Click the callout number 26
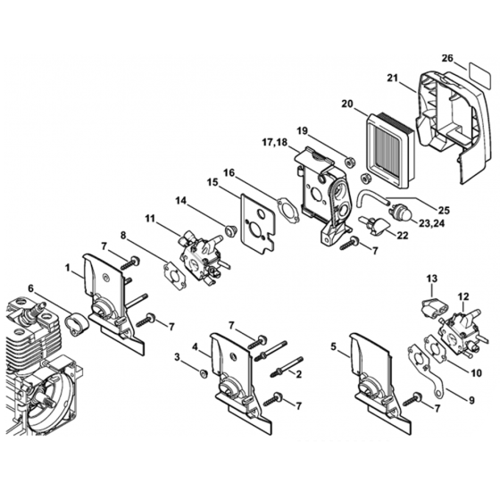[447, 58]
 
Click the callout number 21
[393, 78]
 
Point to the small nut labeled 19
[349, 162]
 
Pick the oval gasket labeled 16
[287, 209]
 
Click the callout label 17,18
[275, 142]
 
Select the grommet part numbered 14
[229, 230]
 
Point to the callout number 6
[30, 288]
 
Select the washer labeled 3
[203, 373]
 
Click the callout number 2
[299, 374]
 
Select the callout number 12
[463, 296]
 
